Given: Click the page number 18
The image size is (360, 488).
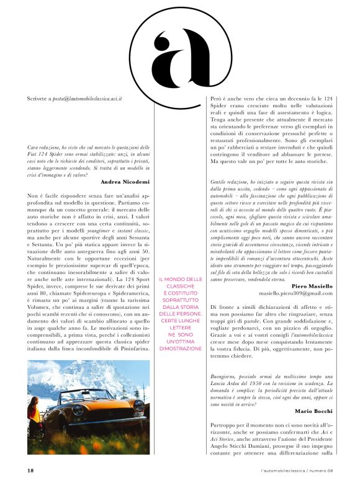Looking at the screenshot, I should coord(30,470).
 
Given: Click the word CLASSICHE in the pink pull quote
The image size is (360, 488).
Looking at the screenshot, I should coord(181,286).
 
